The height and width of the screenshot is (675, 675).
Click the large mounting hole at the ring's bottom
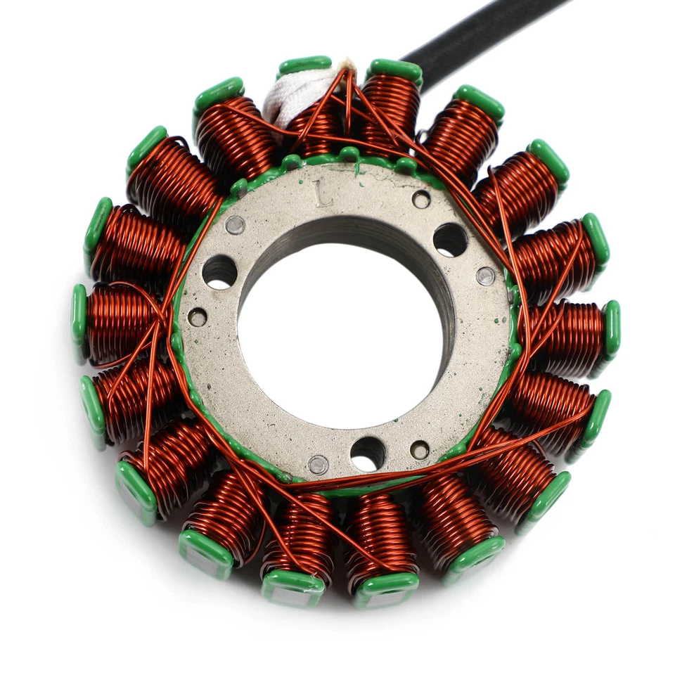click(368, 453)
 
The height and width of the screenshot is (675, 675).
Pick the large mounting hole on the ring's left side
click(219, 271)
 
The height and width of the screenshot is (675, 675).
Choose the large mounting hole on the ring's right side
click(450, 240)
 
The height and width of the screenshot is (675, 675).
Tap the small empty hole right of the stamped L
click(420, 200)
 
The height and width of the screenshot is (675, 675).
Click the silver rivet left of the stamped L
click(235, 225)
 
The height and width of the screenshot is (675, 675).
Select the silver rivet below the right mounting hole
click(485, 276)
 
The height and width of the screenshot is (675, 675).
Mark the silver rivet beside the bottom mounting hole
click(318, 465)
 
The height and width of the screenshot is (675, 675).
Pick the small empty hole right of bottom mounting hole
click(420, 450)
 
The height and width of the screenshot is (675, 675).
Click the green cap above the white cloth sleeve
click(304, 65)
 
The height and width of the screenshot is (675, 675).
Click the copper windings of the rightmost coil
click(570, 330)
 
